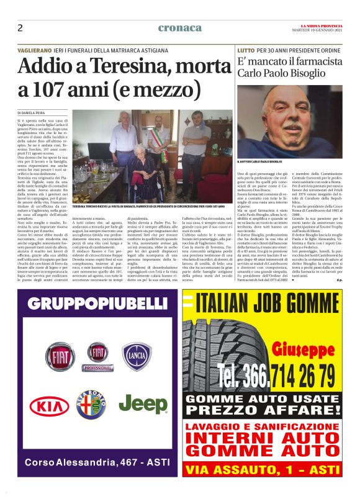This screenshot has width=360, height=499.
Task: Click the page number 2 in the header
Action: tap(20, 28)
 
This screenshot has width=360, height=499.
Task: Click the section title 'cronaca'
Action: tap(179, 28)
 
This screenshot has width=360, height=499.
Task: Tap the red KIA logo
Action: tap(49, 406)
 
